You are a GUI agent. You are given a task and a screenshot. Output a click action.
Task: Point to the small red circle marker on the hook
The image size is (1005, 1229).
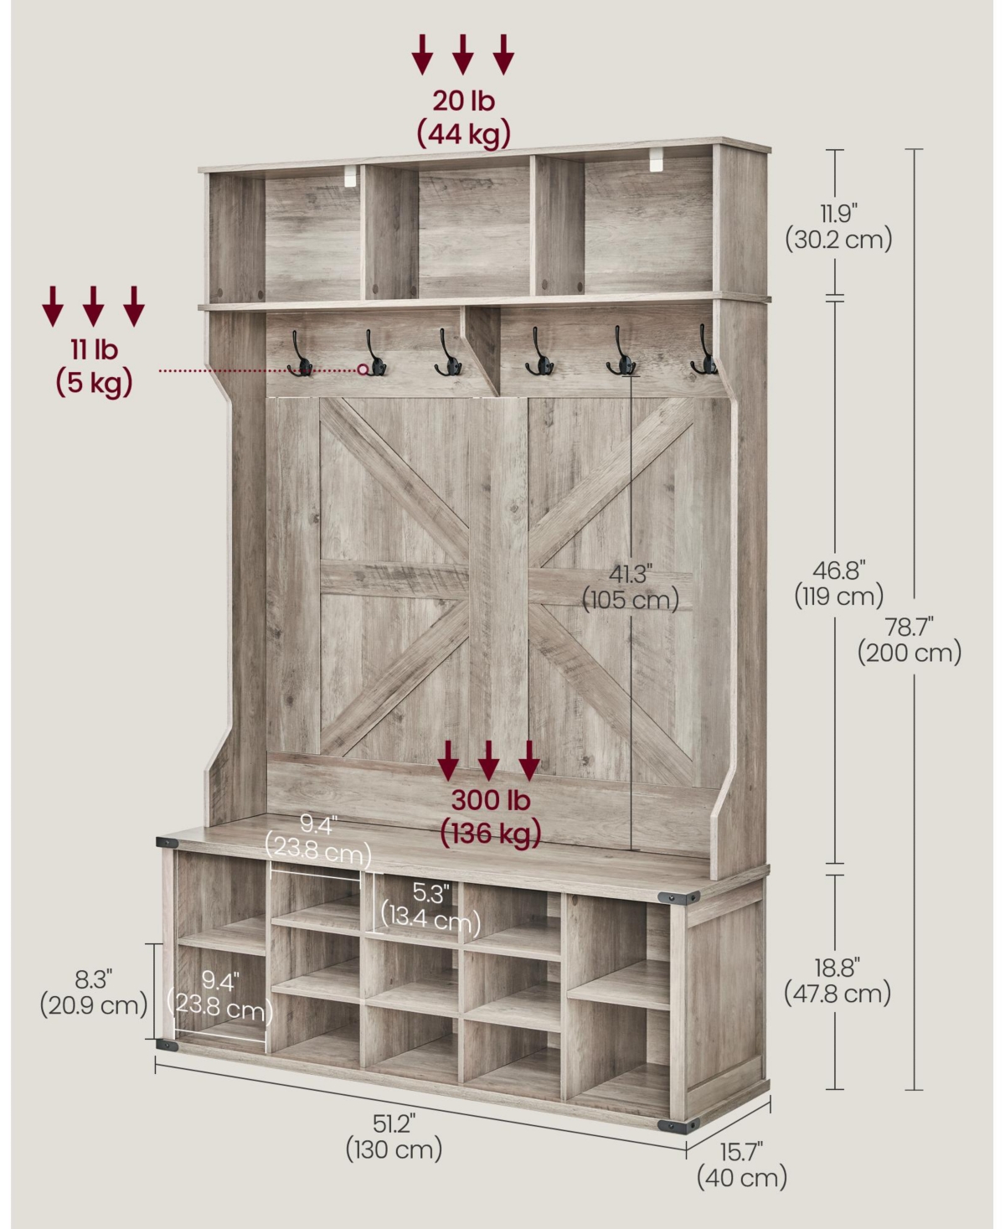(x=363, y=369)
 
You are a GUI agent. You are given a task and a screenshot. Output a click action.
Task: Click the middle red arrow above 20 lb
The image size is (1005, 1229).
(x=462, y=54)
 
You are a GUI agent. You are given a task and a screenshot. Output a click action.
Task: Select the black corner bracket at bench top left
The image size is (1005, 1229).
(x=167, y=843)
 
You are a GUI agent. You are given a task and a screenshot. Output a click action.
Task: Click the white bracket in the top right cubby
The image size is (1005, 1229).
(x=656, y=160)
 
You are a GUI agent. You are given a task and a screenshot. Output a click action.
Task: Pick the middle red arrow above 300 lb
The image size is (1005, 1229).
(x=488, y=761)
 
